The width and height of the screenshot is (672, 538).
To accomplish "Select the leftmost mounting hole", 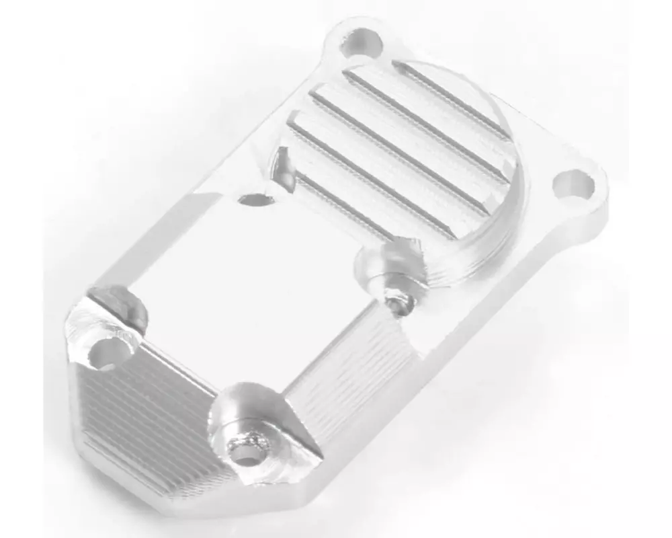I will [110, 352].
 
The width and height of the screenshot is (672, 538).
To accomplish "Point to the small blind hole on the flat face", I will [256, 199].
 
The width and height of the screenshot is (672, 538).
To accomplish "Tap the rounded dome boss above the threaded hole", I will [390, 262].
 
